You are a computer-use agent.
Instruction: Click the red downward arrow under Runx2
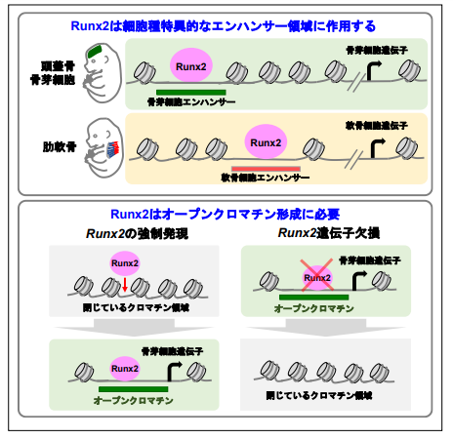[125, 283]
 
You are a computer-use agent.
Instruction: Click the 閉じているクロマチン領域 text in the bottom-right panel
[317, 399]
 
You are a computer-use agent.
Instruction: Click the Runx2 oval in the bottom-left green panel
[124, 369]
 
